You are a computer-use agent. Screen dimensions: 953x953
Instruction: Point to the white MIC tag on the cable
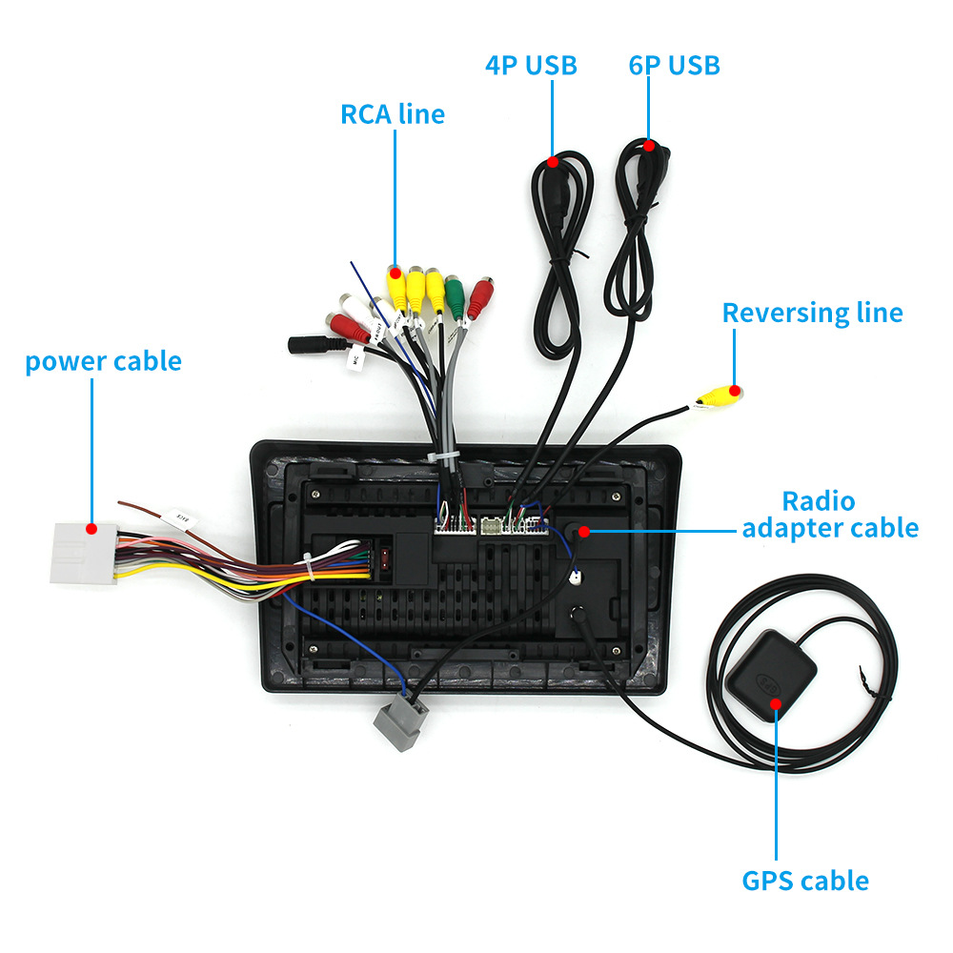coord(355,361)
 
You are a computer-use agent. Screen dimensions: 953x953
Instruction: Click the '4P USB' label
coord(531,66)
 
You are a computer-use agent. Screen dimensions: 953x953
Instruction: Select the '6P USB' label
coord(674,66)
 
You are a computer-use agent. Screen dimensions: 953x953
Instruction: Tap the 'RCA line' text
coord(393,114)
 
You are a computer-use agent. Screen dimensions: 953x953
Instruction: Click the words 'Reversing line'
coord(812,313)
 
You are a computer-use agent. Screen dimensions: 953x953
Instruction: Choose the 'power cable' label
coord(103,362)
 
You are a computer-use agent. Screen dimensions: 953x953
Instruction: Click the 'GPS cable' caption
coord(805,881)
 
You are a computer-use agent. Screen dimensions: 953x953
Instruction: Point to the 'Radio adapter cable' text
coord(830,515)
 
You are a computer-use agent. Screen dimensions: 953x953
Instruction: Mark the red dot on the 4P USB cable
coord(553,162)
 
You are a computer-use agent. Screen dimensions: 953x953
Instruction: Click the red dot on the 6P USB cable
coord(649,146)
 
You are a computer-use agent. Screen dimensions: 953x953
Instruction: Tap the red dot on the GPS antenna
coord(775,704)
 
